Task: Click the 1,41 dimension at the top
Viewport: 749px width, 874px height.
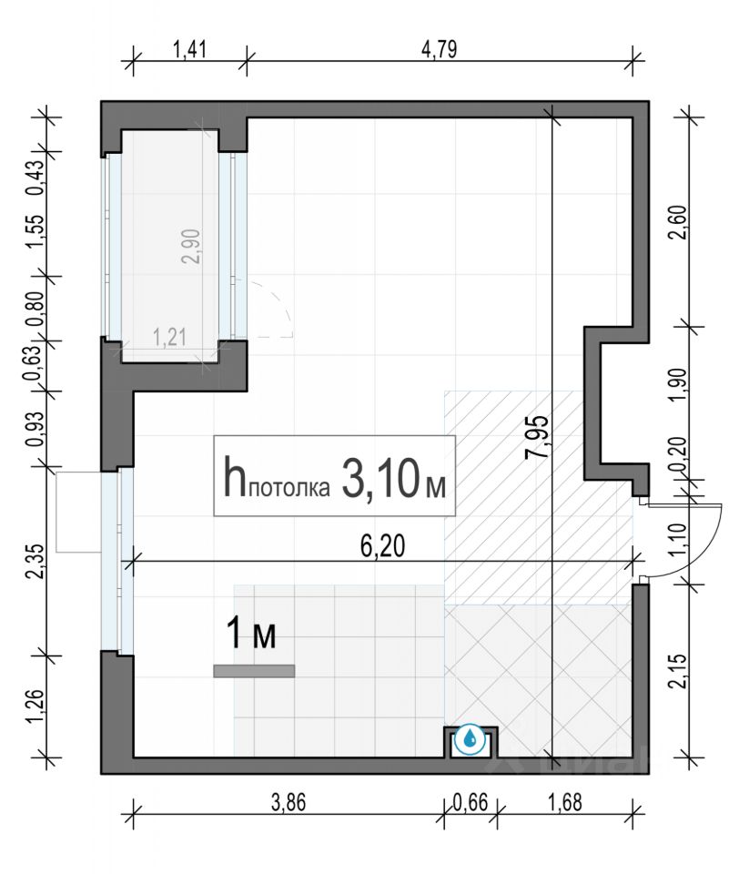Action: click(x=189, y=49)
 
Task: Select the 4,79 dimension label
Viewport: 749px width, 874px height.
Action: click(x=440, y=49)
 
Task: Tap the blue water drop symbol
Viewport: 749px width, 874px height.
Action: click(x=470, y=739)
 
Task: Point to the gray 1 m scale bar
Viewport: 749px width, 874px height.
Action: click(x=254, y=671)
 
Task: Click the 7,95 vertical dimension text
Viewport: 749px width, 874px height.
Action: click(x=537, y=437)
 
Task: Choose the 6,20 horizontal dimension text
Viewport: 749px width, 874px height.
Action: click(x=382, y=546)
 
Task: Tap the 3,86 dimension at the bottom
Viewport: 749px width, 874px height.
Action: click(x=288, y=803)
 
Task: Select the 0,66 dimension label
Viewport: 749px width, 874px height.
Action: click(x=471, y=803)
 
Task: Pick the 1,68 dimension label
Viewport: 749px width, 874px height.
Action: click(x=565, y=803)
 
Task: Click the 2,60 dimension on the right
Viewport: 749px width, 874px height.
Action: click(x=680, y=222)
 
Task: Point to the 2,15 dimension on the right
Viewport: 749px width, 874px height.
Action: click(x=680, y=671)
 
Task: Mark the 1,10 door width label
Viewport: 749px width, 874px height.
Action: click(x=680, y=539)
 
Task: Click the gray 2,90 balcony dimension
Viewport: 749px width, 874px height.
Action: click(x=191, y=247)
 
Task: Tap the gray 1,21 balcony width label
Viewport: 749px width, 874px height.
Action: click(x=169, y=337)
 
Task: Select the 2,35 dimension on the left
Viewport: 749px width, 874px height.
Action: click(x=35, y=562)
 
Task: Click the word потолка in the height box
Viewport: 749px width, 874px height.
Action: click(x=288, y=488)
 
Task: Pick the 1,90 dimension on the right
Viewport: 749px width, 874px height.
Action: click(x=680, y=384)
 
